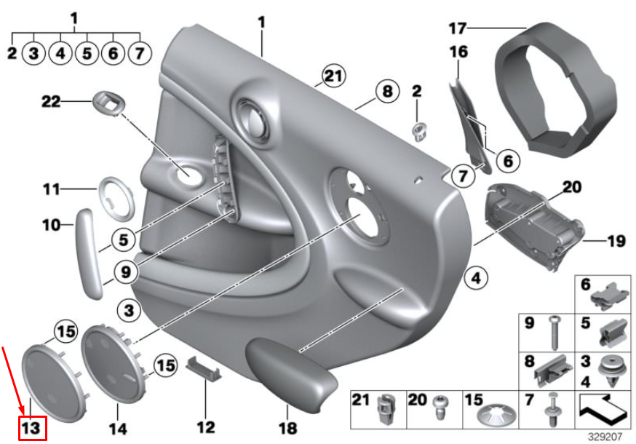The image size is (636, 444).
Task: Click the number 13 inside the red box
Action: pos(31,428)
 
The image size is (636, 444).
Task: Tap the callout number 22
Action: pos(51,101)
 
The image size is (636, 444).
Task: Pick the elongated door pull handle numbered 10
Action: pos(87,253)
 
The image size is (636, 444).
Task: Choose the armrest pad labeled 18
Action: pos(291,371)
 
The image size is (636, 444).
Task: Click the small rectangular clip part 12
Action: pos(204,368)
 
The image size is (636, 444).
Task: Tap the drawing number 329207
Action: pos(605,437)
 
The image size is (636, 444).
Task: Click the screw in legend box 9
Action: pos(554,333)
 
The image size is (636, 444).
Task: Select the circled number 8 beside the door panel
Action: pos(387,91)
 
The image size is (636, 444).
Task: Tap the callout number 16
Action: pos(458,52)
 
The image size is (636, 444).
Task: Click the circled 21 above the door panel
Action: pos(333,76)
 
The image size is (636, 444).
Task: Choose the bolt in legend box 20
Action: pos(441,408)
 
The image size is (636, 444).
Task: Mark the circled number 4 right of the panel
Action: pos(476,279)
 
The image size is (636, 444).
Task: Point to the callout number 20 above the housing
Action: pos(572,187)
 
